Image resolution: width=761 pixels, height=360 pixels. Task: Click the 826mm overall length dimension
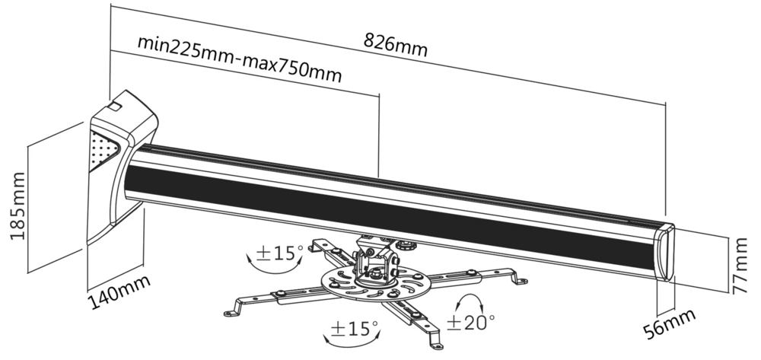[x=396, y=43]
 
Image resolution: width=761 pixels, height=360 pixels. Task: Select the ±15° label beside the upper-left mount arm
[x=279, y=252]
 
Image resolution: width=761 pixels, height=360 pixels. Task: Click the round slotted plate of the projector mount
[x=370, y=288]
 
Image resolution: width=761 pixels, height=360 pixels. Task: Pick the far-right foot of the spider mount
[x=519, y=281]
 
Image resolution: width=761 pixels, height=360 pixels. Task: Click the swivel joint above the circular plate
[x=376, y=263]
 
